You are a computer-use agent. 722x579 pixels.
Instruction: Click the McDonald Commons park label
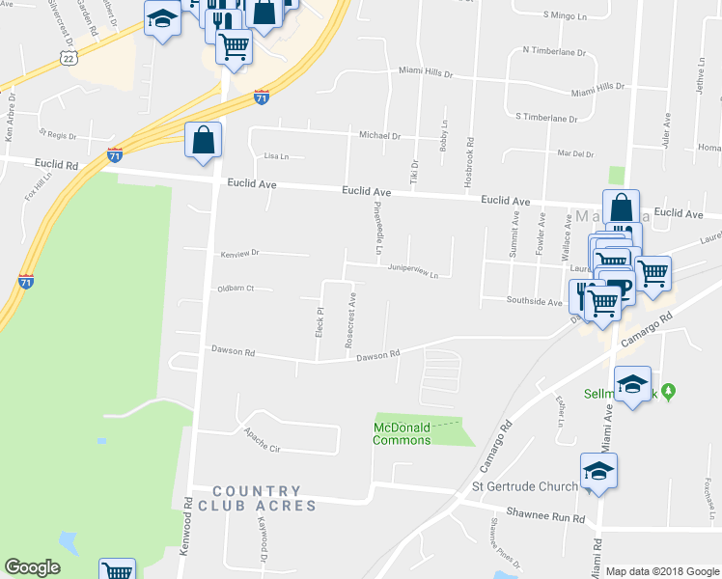[403, 433]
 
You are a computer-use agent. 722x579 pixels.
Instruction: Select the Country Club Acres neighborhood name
[257, 498]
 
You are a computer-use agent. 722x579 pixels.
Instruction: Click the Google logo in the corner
[32, 567]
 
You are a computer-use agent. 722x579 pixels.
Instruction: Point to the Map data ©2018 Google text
[663, 571]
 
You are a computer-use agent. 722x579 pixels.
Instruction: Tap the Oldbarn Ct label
[236, 288]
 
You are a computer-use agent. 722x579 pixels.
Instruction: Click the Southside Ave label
[535, 302]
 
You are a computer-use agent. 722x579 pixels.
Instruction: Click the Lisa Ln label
[277, 155]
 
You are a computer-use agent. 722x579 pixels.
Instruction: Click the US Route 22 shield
[67, 58]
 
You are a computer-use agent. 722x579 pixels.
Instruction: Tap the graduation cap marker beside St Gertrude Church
[598, 472]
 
